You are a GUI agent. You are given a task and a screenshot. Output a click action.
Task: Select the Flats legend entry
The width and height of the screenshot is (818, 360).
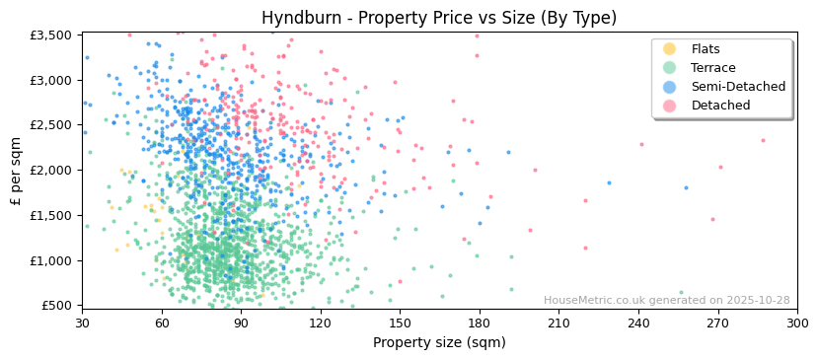(x=706, y=49)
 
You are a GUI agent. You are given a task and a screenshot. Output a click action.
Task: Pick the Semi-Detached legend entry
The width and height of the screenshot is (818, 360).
(x=738, y=87)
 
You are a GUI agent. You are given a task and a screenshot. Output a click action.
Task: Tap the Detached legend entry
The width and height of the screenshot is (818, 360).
(x=719, y=106)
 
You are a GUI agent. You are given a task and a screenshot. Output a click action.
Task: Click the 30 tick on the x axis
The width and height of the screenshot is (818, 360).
(x=82, y=323)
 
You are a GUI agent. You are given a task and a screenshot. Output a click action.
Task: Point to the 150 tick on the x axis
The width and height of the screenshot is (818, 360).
(x=400, y=323)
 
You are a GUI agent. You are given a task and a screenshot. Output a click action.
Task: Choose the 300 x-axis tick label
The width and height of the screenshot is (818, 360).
(x=797, y=323)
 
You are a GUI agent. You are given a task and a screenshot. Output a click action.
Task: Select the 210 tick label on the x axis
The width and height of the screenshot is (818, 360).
(x=558, y=323)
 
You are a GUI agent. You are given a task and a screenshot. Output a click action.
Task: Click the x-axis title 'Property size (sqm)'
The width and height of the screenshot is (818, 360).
(x=438, y=342)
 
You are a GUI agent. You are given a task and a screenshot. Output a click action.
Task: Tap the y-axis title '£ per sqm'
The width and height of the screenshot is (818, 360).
(x=17, y=170)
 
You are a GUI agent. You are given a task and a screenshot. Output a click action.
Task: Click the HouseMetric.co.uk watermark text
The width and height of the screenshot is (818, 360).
(x=667, y=301)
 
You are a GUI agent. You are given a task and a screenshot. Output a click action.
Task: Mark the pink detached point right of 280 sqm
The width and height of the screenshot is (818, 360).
(x=763, y=140)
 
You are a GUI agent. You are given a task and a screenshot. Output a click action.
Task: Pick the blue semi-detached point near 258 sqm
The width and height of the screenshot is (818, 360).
(x=686, y=187)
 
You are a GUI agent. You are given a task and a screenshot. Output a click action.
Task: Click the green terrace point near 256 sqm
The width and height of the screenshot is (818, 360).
(x=681, y=292)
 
